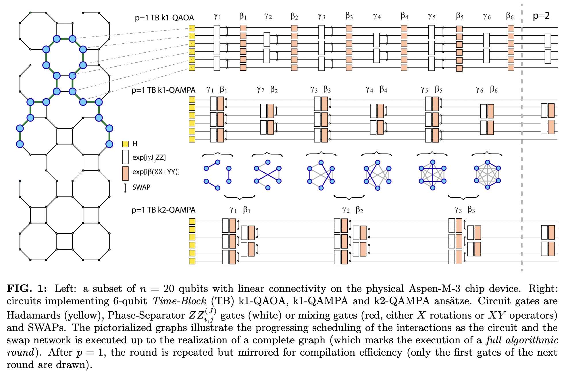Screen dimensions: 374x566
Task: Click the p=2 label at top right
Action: pyautogui.click(x=541, y=16)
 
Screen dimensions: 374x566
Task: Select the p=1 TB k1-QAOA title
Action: pyautogui.click(x=164, y=18)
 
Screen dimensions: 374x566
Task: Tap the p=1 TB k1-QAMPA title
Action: pyautogui.click(x=163, y=90)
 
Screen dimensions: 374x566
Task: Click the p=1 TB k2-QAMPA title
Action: pyautogui.click(x=163, y=210)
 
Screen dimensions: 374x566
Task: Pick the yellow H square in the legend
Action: pyautogui.click(x=125, y=144)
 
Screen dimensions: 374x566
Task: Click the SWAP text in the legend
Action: pyautogui.click(x=141, y=187)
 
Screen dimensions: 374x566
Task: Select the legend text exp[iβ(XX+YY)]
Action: pyautogui.click(x=156, y=172)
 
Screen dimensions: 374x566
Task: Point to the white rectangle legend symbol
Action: pyautogui.click(x=125, y=157)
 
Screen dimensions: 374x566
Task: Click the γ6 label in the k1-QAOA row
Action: pyautogui.click(x=487, y=17)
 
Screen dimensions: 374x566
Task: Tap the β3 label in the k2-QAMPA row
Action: pyautogui.click(x=471, y=210)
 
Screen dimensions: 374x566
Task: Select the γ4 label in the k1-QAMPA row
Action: pyautogui.click(x=369, y=90)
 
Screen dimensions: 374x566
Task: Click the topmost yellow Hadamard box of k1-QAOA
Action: pyautogui.click(x=192, y=28)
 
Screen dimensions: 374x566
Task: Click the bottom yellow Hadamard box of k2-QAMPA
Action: pyautogui.click(x=192, y=261)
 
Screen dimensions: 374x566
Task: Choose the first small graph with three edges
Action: pyautogui.click(x=217, y=175)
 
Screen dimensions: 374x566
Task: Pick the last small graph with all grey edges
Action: pyautogui.click(x=487, y=175)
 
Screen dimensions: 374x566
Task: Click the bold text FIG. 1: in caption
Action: pyautogui.click(x=27, y=288)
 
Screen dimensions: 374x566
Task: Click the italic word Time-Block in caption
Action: pyautogui.click(x=179, y=301)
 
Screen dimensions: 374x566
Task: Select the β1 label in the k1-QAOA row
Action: pyautogui.click(x=243, y=16)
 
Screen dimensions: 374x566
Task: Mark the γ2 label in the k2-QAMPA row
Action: pyautogui.click(x=346, y=210)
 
